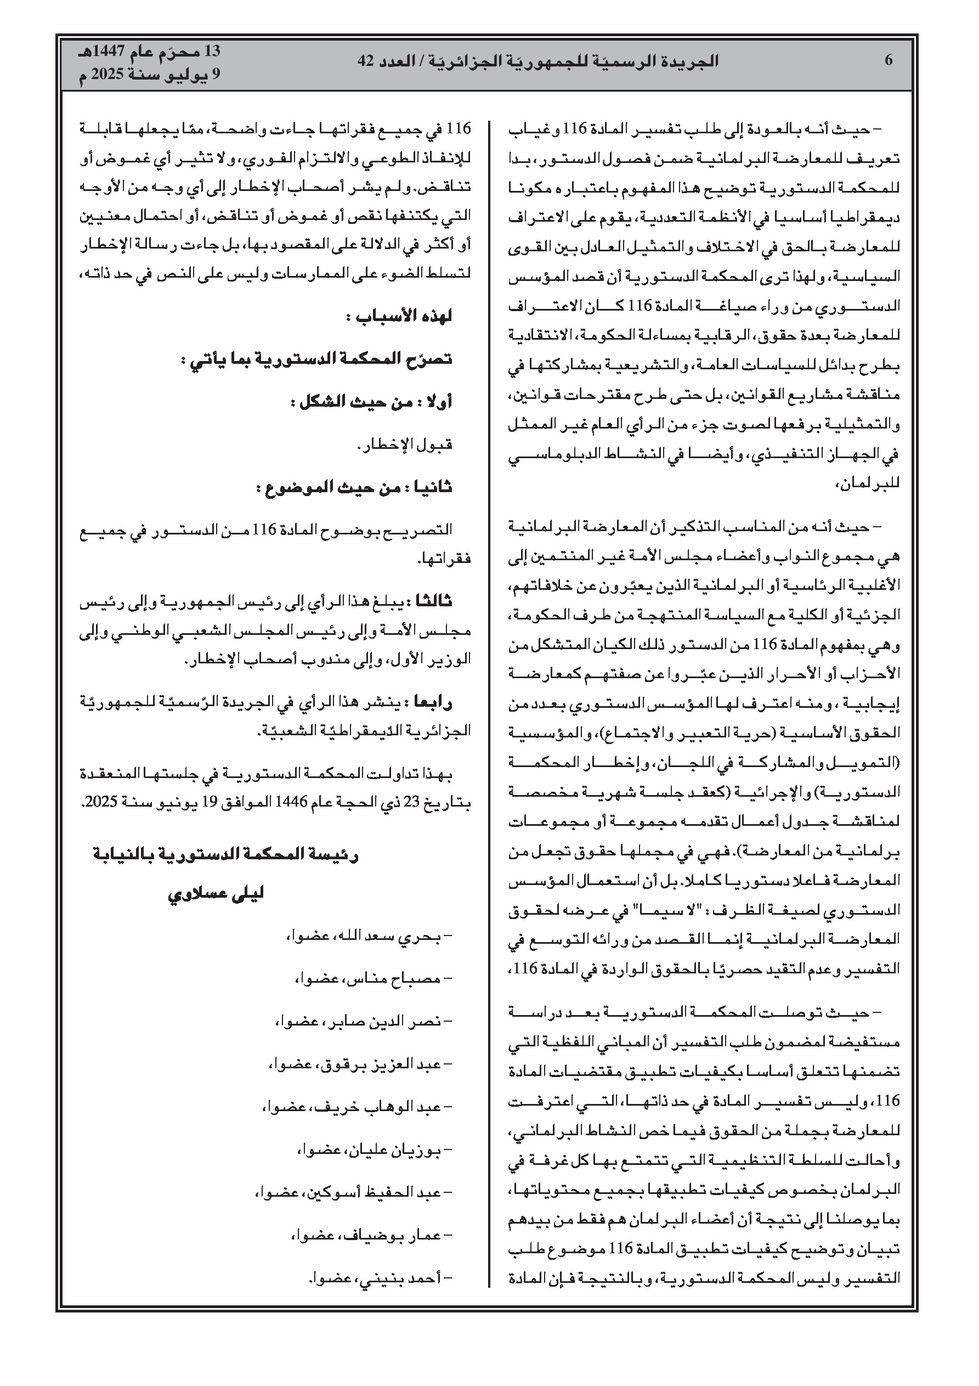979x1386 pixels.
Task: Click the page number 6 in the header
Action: coord(888,61)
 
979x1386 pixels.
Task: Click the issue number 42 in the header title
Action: coord(367,61)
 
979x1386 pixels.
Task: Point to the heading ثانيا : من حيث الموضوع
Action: coord(354,488)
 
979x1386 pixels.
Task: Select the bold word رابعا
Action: coord(432,702)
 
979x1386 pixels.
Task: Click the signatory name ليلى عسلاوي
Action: coord(216,894)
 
